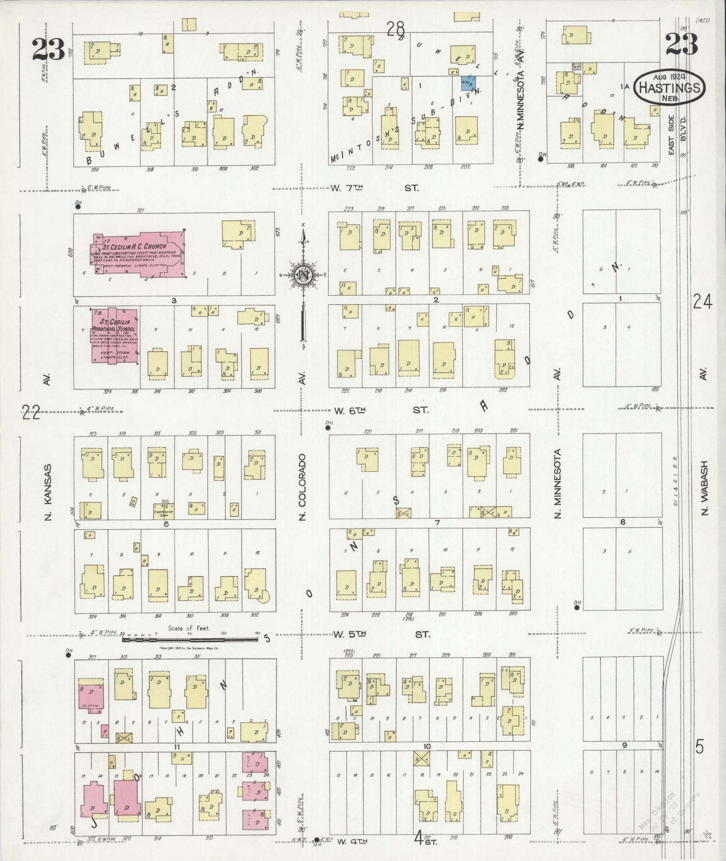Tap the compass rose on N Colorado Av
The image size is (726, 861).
304,276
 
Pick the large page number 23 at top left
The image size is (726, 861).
48,49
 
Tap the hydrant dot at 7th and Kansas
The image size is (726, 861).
78,207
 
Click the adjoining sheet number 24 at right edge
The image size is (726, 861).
702,302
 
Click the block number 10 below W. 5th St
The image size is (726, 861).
427,747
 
